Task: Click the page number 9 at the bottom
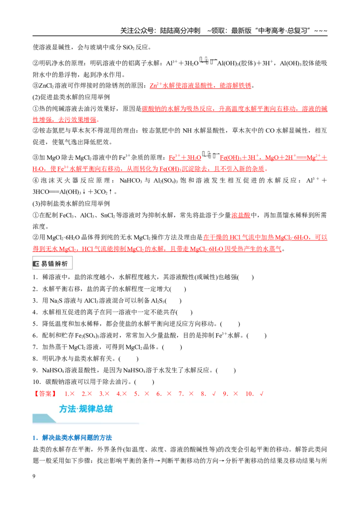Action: coord(34,476)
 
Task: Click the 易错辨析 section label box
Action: coord(52,263)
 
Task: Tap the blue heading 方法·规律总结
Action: coord(86,408)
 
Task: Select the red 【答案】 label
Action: coord(45,394)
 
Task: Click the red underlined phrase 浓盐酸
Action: coord(241,215)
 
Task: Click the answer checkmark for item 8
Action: coord(214,394)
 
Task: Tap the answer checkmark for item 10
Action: coord(261,394)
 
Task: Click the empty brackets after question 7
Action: coord(172,347)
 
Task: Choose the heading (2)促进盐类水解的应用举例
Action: coord(71,97)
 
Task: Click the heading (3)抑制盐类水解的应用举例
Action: coord(71,204)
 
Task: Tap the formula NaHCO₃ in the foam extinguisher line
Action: coord(131,180)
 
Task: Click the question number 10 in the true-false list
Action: coord(36,382)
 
